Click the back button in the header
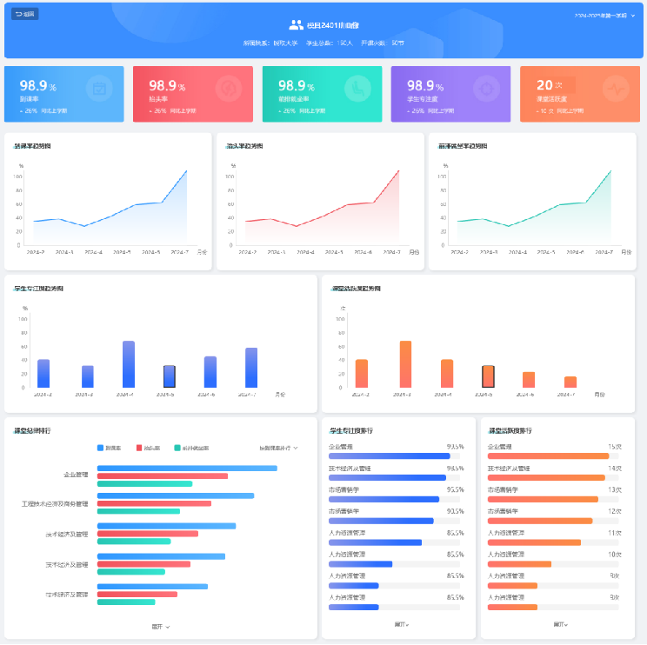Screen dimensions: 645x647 pos(25,14)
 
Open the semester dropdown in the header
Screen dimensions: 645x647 pos(605,16)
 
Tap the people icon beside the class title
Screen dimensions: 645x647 pos(297,25)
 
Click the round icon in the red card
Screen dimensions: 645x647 pos(228,88)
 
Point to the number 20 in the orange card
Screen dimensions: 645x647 pos(544,85)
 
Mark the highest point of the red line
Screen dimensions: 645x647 pos(398,170)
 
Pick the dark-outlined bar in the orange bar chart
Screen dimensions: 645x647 pos(489,376)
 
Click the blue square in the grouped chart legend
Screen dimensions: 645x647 pos(101,448)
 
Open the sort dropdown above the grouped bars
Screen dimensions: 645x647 pos(278,448)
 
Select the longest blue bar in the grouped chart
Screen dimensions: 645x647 pos(187,469)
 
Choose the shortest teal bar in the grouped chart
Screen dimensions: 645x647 pos(126,602)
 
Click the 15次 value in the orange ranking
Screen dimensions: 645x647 pos(614,446)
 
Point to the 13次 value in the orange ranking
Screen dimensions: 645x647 pos(614,489)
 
